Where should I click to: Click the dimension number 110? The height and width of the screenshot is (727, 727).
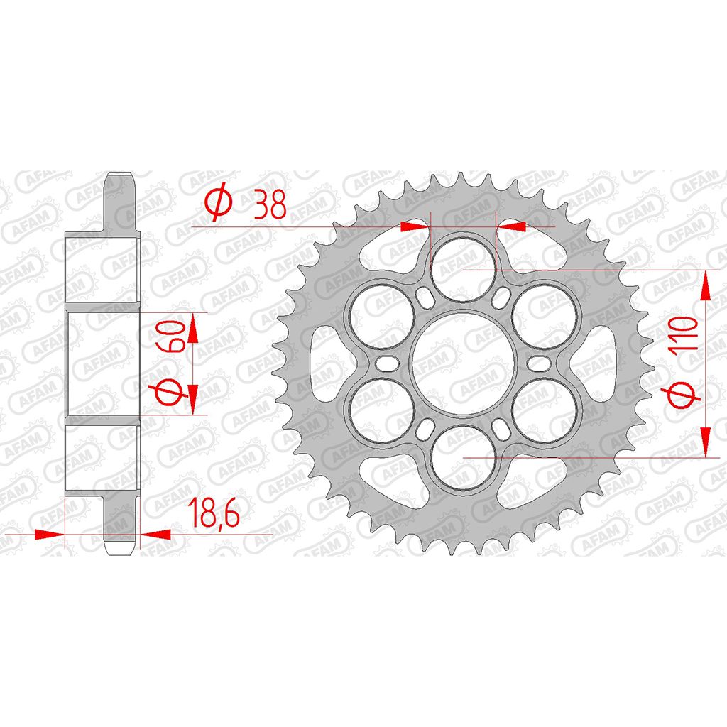click(x=685, y=333)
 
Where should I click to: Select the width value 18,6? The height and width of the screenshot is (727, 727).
click(x=214, y=513)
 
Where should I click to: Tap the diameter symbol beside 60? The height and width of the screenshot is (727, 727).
click(x=170, y=393)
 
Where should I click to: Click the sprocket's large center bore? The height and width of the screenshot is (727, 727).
click(x=463, y=363)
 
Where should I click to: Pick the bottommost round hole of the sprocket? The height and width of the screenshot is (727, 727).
click(x=463, y=458)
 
